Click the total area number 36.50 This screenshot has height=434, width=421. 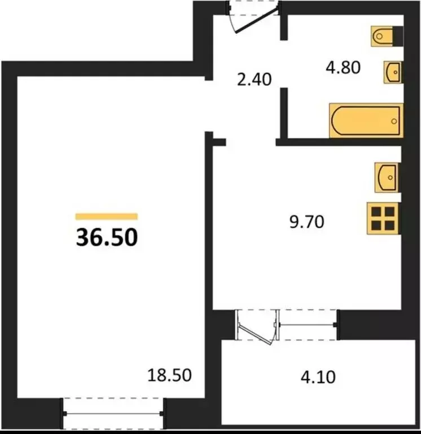pyautogui.click(x=107, y=237)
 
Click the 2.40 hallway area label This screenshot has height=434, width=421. pyautogui.click(x=255, y=79)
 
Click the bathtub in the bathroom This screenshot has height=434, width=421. pyautogui.click(x=366, y=120)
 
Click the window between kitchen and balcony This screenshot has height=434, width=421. pyautogui.click(x=308, y=325)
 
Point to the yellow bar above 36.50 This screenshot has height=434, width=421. pyautogui.click(x=107, y=216)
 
